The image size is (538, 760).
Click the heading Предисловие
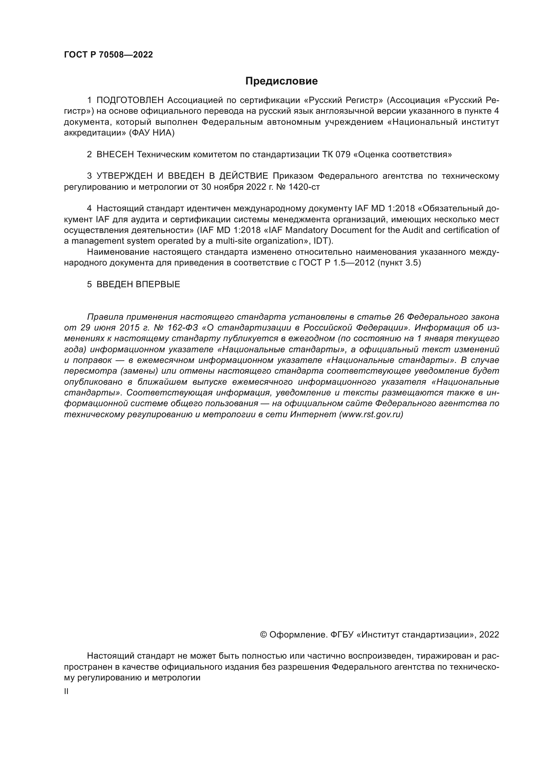coord(281,81)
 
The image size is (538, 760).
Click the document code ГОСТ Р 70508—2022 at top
coord(108,55)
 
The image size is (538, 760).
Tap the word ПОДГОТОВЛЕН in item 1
coord(130,100)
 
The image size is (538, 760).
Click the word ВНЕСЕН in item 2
coord(115,155)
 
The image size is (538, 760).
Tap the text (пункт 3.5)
coord(399,263)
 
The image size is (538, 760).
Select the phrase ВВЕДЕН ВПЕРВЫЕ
coord(138,284)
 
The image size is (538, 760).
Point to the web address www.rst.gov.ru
coord(371,414)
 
